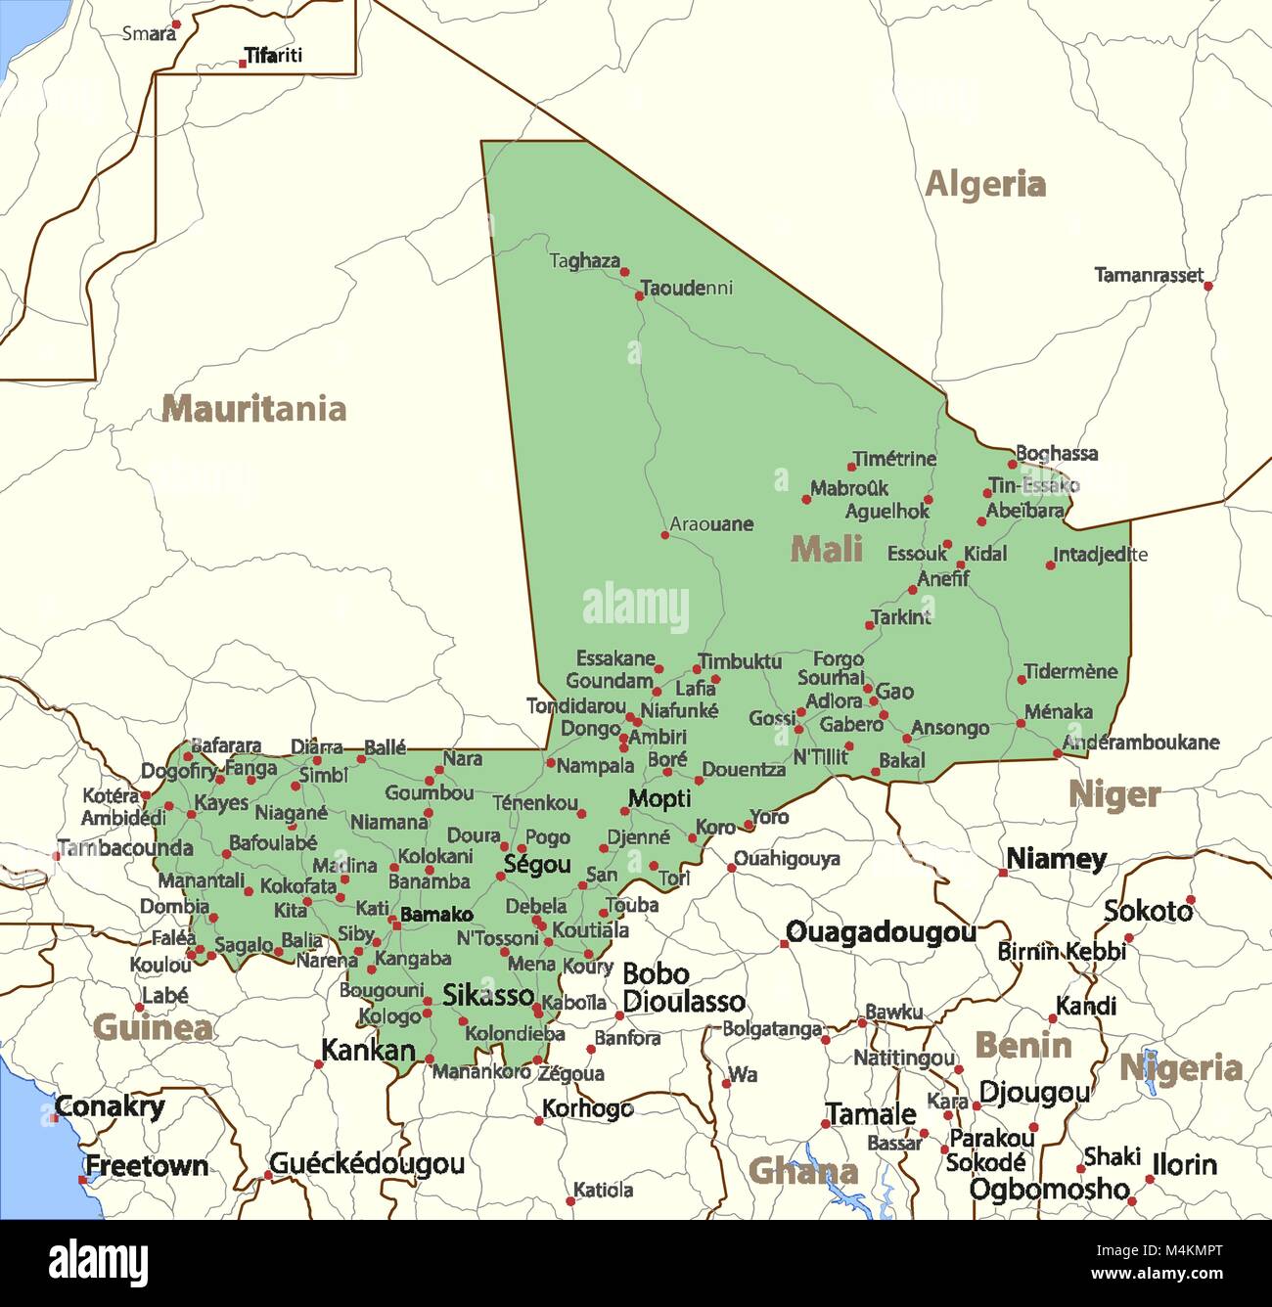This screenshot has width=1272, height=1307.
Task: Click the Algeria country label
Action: [x=984, y=184]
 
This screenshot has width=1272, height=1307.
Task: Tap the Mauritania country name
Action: [x=253, y=408]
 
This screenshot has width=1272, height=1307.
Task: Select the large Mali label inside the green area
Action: [x=826, y=549]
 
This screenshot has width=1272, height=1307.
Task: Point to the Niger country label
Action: [x=1113, y=794]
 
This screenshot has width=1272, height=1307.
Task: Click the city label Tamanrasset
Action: [x=1148, y=275]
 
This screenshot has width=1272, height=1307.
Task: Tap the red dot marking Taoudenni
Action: [x=640, y=295]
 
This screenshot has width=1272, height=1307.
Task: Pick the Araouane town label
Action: [x=711, y=524]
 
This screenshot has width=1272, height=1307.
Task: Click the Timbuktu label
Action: [x=740, y=661]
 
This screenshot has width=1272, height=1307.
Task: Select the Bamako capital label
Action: [x=436, y=915]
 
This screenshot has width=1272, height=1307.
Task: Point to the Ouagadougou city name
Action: [x=881, y=932]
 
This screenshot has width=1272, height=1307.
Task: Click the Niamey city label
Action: [x=1056, y=859]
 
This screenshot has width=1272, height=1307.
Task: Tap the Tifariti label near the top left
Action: [x=273, y=56]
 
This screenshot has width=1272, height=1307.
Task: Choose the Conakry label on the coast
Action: [x=110, y=1106]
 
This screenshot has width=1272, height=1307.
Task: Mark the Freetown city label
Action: [x=146, y=1165]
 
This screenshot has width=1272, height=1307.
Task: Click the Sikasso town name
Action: [x=488, y=995]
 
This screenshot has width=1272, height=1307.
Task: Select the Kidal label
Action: [x=984, y=554]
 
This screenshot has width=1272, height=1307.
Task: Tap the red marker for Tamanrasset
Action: [x=1208, y=286]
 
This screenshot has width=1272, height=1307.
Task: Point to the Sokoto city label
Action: [x=1148, y=911]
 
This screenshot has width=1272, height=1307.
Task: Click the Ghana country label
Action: [x=802, y=1171]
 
